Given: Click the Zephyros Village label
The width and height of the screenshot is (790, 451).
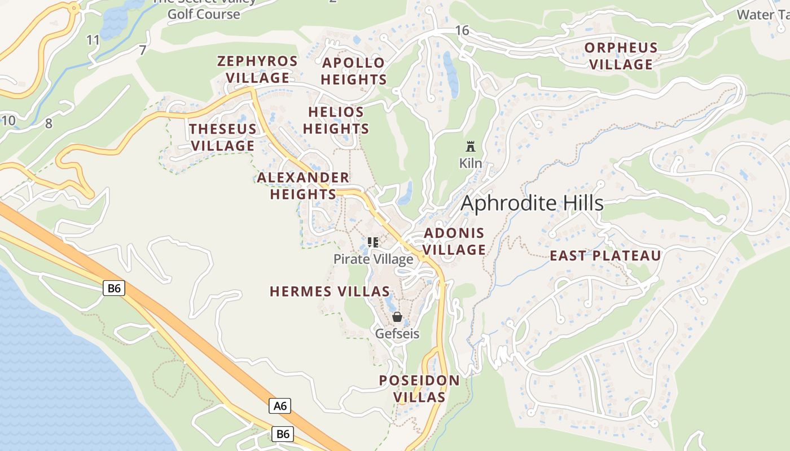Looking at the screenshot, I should (257, 69).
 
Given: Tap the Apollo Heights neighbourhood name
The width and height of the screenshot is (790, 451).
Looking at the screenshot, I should (354, 71).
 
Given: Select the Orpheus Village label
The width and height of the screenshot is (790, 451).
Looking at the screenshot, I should (621, 56).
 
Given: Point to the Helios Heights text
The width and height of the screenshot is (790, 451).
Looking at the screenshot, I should (336, 120).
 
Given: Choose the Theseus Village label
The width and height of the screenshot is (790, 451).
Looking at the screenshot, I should (223, 137).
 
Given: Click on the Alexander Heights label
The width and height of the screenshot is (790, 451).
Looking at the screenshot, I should (303, 186).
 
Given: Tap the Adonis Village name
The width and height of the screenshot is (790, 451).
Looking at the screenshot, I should (454, 241).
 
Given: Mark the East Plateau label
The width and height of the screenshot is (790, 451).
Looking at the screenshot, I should (605, 256).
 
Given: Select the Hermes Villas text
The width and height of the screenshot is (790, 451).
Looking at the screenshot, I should (330, 291).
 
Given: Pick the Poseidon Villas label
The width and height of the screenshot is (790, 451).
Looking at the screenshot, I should (419, 388).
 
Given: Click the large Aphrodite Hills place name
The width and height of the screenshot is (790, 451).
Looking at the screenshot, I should (532, 203).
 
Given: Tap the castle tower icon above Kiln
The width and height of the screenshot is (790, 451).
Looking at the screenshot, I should (470, 147).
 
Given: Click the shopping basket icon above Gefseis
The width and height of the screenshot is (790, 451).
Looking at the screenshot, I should (397, 317).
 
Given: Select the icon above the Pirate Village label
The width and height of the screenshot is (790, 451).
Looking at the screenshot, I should (372, 242).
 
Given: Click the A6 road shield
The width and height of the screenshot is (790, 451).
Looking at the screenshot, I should (280, 406).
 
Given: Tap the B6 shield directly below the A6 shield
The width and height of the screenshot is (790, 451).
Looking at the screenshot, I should (283, 434).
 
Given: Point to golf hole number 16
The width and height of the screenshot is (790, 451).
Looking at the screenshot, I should (462, 30).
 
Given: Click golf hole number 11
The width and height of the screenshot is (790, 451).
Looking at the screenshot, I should (93, 39).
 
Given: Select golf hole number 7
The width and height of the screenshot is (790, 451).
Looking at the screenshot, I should (143, 50).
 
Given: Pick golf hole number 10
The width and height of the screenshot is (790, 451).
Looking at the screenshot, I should (8, 120).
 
